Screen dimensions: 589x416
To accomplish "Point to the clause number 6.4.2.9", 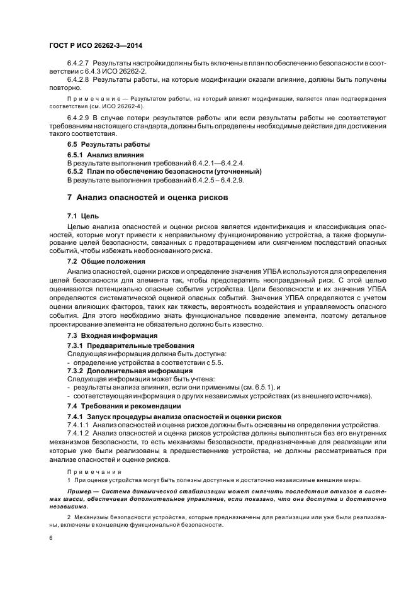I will [x=79, y=118].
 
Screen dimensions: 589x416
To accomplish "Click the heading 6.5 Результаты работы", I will [x=99, y=145].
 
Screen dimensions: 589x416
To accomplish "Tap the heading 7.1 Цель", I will [x=81, y=216].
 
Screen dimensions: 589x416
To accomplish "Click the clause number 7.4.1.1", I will [x=79, y=425].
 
